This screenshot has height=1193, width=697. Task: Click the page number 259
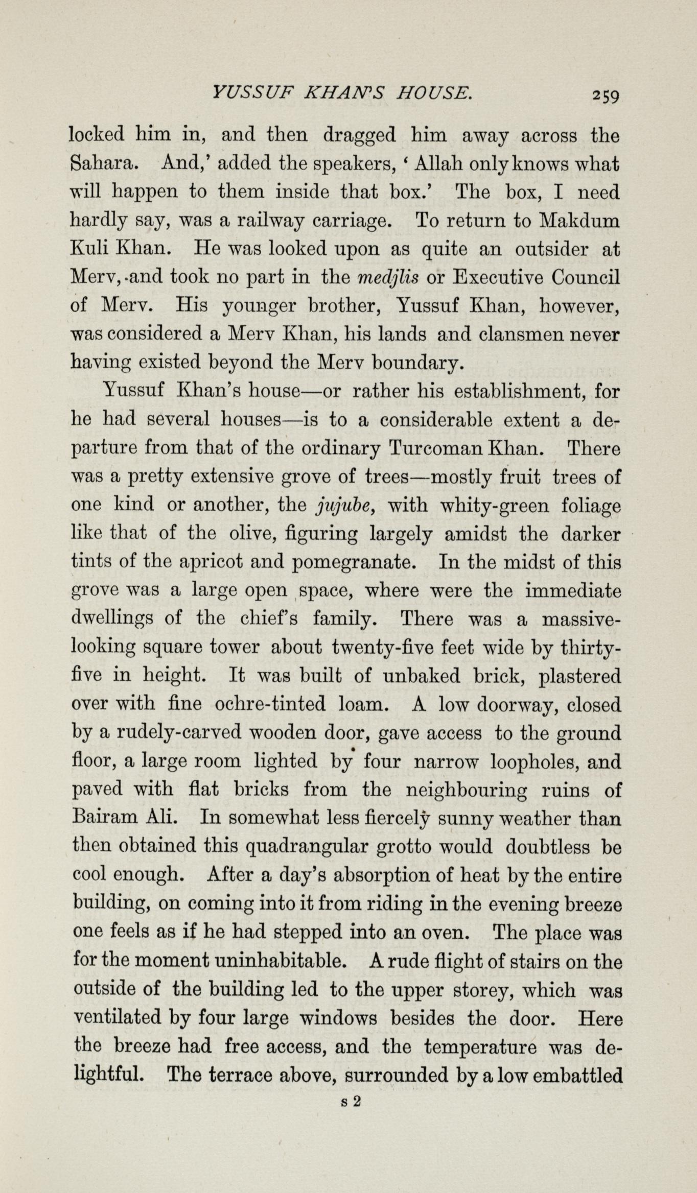pos(606,96)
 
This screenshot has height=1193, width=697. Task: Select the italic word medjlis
pos(388,277)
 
